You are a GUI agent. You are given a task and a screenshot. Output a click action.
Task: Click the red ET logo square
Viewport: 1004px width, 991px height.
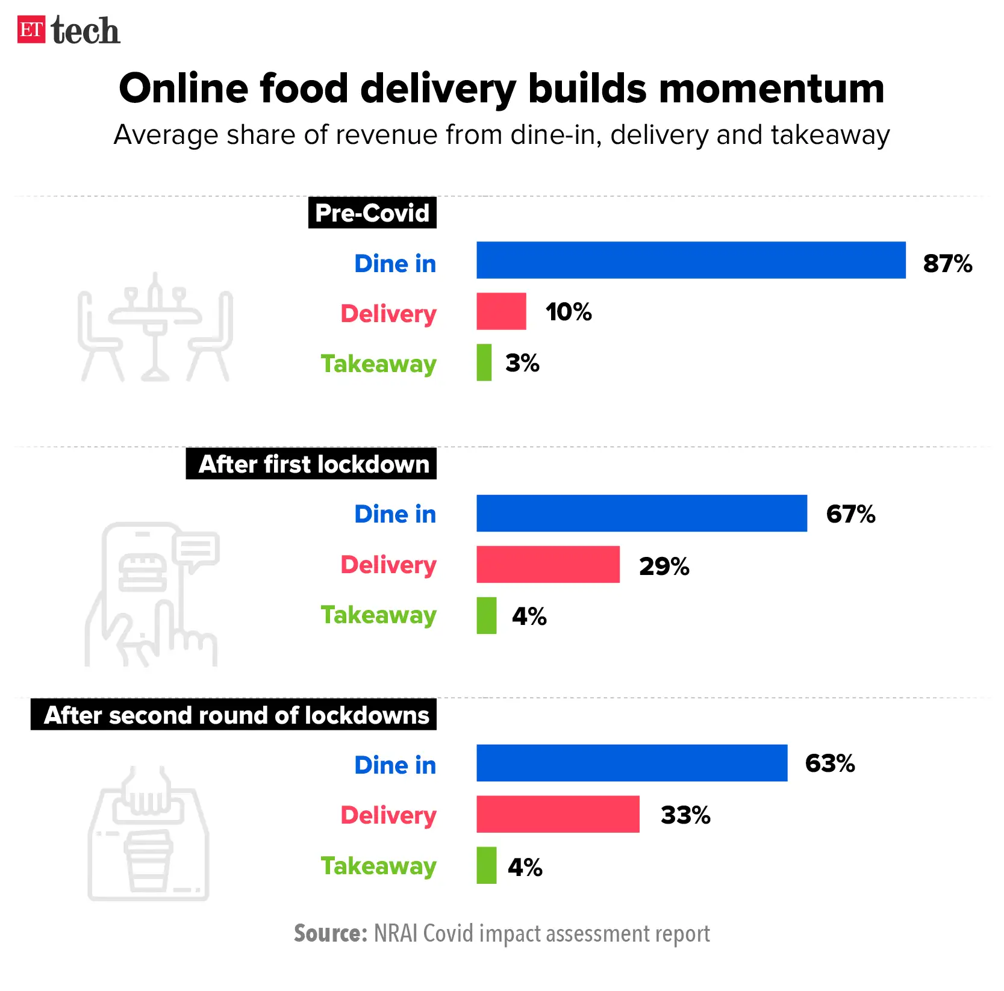point(31,30)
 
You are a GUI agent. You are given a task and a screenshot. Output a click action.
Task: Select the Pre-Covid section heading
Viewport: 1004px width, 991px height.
point(372,213)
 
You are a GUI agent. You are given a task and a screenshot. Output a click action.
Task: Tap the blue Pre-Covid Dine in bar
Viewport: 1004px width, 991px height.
point(690,260)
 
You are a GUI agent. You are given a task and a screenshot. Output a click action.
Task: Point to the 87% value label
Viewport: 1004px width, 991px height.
point(947,263)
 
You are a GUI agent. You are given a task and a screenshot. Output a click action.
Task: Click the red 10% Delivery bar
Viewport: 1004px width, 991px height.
point(501,311)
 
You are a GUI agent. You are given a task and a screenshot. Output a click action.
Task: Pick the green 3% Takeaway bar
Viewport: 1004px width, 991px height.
point(484,362)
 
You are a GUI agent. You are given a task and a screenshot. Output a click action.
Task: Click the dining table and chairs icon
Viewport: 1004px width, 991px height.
point(155,328)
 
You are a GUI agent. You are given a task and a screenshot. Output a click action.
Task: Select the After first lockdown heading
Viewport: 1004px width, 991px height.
point(311,464)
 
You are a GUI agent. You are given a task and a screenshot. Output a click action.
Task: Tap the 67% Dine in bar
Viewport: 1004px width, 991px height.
point(641,514)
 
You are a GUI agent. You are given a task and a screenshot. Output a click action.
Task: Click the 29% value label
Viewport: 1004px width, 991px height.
point(664,566)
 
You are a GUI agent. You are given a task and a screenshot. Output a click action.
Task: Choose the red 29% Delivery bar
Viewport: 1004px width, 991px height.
point(547,565)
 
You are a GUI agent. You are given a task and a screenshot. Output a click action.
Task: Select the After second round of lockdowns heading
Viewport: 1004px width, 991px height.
point(234,715)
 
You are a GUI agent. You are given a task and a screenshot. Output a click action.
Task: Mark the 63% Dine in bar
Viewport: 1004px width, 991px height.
point(631,763)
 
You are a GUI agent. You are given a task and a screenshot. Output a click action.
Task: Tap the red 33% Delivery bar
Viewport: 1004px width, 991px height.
point(557,815)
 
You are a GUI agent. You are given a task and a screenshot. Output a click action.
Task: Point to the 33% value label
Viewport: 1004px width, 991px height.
point(685,815)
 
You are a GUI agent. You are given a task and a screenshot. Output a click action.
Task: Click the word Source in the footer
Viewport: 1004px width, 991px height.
point(329,933)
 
